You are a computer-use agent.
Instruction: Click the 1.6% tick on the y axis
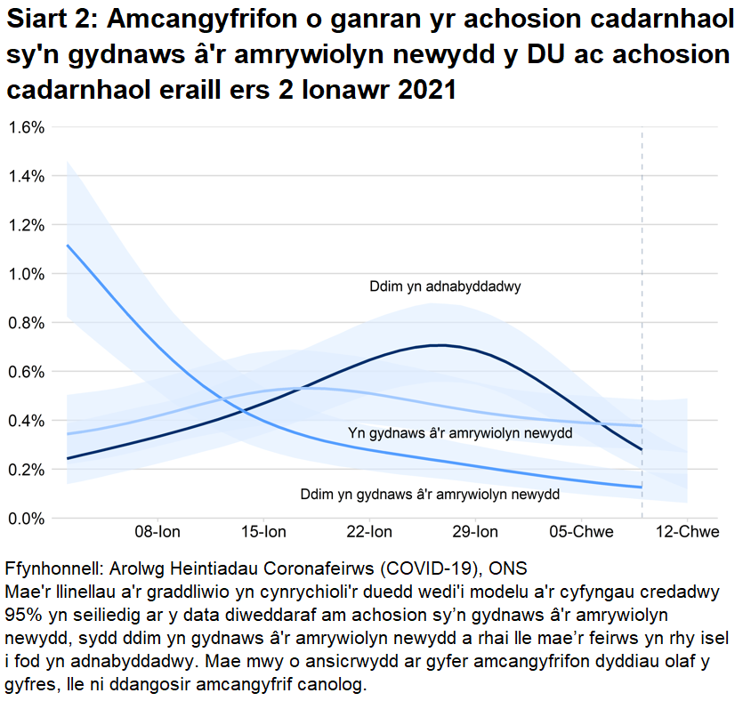coord(26,127)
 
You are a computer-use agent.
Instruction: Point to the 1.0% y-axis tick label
coord(26,274)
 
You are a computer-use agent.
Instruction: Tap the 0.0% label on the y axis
coord(26,518)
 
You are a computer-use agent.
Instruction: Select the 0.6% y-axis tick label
coord(26,372)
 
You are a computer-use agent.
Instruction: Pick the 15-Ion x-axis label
coord(263,533)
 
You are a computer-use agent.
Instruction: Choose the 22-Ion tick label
coord(369,533)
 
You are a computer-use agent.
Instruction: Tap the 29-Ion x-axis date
coord(475,533)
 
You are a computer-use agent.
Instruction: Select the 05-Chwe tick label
coord(581,533)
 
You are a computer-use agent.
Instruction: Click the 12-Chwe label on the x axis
coord(687,533)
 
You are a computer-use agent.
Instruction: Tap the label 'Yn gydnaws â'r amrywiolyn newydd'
coord(459,433)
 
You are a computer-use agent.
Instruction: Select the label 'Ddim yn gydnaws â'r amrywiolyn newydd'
coord(430,495)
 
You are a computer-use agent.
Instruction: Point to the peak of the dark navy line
coord(438,345)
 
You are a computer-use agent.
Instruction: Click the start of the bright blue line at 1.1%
coord(69,246)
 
